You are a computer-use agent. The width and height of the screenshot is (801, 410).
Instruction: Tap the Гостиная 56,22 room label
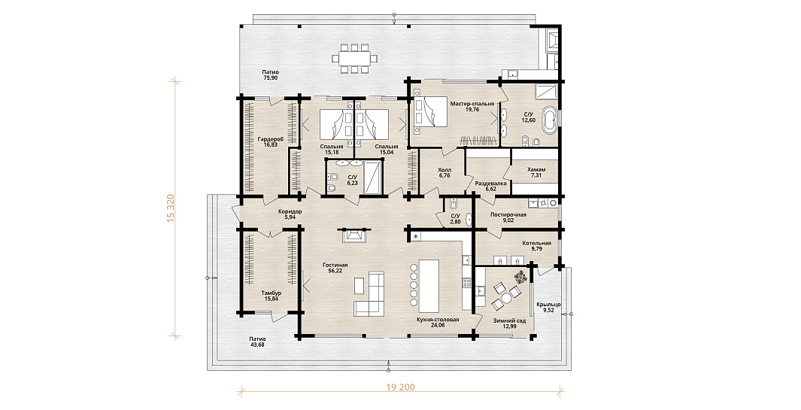coord(335,268)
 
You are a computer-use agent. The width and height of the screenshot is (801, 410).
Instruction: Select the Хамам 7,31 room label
coord(536,173)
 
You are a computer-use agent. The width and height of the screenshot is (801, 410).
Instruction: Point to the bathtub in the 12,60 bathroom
coord(550,120)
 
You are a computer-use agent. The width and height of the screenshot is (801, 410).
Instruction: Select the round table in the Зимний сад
coord(505,297)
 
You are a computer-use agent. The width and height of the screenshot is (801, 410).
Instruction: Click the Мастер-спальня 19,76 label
coord(472,106)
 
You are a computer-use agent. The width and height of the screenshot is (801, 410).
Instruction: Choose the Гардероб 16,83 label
coord(270,141)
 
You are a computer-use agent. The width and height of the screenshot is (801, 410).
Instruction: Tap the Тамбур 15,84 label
coord(271,296)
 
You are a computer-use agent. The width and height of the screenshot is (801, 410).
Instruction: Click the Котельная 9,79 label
coord(536,246)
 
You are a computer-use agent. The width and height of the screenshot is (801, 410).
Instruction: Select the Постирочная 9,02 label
coord(508,217)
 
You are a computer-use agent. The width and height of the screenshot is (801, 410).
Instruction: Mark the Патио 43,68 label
coord(257,341)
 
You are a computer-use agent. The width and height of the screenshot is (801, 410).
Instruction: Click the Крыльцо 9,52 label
coord(548,307)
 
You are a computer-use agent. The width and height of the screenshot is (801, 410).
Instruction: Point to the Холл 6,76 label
coord(444,174)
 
